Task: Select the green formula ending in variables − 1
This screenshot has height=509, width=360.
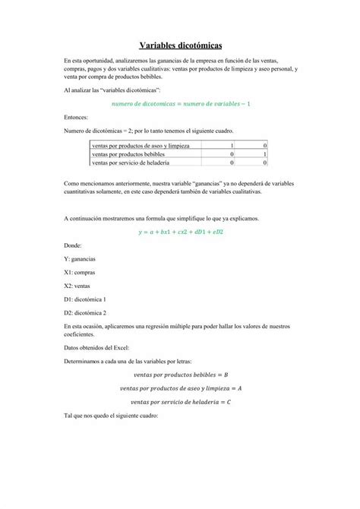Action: (181, 103)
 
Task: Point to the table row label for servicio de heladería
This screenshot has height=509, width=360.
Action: (130, 162)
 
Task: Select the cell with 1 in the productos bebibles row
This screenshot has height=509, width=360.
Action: (264, 153)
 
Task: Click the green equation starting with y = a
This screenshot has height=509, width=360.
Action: (181, 232)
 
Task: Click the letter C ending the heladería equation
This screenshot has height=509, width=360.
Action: (229, 402)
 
